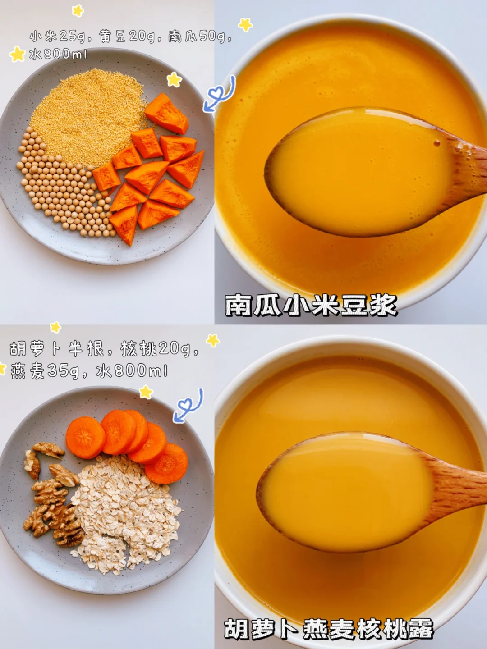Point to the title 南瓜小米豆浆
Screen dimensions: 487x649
pyautogui.click(x=311, y=305)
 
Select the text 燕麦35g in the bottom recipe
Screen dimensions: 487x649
pyautogui.click(x=45, y=371)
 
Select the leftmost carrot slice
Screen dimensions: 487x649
pyautogui.click(x=86, y=437)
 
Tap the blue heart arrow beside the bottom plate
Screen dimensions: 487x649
pyautogui.click(x=188, y=406)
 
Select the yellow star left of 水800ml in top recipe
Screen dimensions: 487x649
pyautogui.click(x=17, y=54)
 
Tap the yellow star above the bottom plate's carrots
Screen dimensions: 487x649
pyautogui.click(x=146, y=392)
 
